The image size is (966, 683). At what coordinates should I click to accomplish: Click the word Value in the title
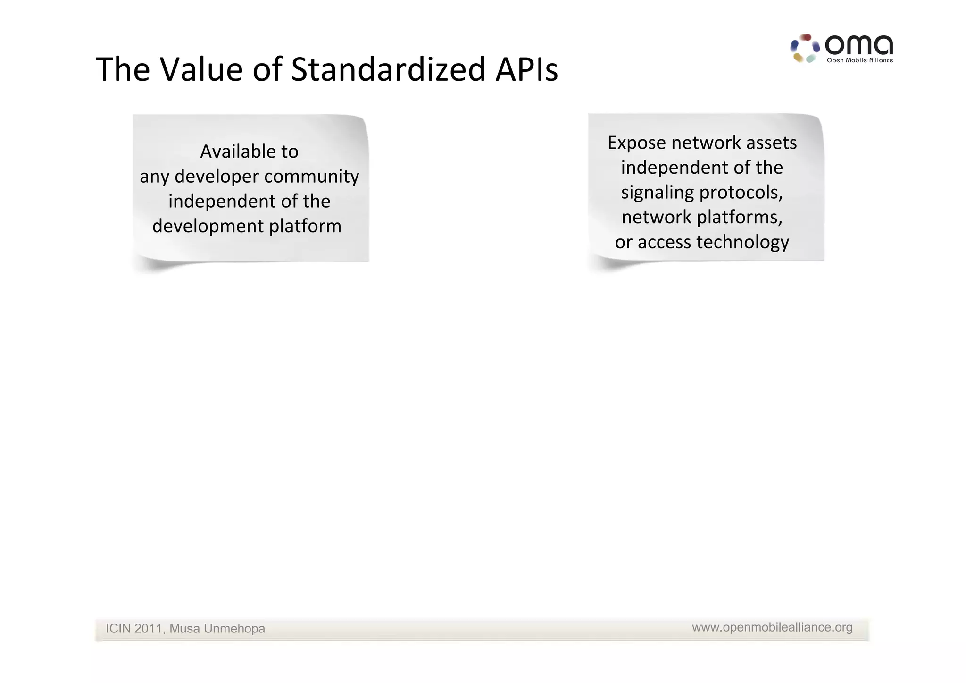pos(201,69)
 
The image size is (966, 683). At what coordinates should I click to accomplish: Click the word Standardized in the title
pos(388,69)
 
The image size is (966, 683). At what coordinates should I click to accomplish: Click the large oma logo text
pos(858,45)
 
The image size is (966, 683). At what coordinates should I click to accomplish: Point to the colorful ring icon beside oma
pos(805,48)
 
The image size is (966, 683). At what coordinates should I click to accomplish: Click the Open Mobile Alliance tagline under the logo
pos(859,60)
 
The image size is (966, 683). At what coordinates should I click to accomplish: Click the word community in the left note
pos(311,177)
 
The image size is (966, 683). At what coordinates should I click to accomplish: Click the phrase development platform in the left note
pos(247,226)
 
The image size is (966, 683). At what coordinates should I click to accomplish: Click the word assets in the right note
pos(771,143)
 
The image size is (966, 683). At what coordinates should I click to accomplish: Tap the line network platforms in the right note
pos(702,217)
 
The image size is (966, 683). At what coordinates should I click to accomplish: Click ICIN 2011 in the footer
pos(134,629)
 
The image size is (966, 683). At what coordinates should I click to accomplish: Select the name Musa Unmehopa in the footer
pos(217,629)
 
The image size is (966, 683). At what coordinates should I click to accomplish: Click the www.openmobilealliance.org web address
pos(772,627)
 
